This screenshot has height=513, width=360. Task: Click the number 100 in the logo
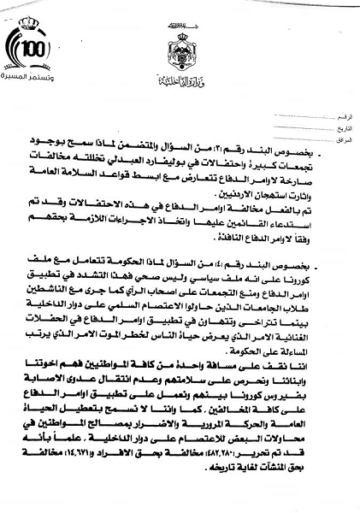tap(32, 48)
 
